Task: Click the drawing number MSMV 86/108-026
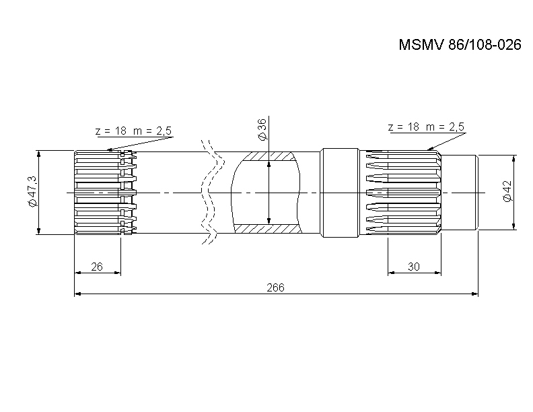(x=450, y=46)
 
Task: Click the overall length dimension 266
(x=275, y=287)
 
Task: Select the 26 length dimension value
(x=96, y=267)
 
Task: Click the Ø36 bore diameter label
(x=262, y=129)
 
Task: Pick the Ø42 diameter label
(x=507, y=191)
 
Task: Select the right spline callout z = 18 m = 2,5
(x=426, y=127)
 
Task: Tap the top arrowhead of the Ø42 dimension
(x=514, y=160)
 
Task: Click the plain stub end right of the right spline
(x=460, y=193)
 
